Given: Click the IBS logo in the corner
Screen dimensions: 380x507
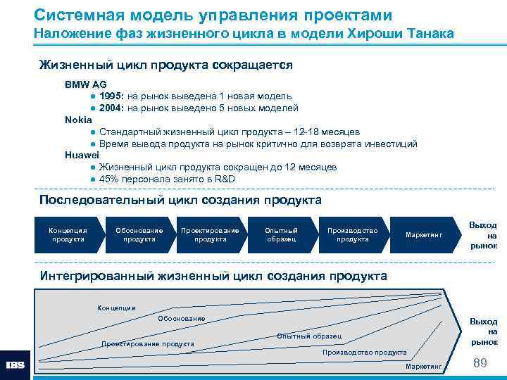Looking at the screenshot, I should tap(15, 365).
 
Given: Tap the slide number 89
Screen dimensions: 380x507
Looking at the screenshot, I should tap(481, 362).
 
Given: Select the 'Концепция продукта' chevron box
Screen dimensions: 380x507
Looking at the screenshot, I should tap(68, 235).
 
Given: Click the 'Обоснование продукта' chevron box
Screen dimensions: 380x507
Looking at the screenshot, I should tap(139, 235).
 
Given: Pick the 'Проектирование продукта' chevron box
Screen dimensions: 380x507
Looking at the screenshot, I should tap(210, 235).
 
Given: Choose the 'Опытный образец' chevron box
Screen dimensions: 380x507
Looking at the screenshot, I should tap(281, 235).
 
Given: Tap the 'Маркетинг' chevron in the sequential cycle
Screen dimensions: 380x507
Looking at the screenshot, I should tap(423, 235).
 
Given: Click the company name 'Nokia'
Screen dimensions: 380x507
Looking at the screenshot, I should tap(78, 120).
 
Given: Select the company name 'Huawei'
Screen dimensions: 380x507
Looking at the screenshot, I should tap(82, 155).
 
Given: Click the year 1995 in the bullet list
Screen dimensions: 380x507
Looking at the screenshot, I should tap(112, 96).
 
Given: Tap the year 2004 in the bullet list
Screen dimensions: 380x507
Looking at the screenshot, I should tap(112, 108).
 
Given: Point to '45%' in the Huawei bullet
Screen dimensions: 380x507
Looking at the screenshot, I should tap(109, 179).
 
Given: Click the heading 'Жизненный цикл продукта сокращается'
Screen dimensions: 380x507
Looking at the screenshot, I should tap(165, 65).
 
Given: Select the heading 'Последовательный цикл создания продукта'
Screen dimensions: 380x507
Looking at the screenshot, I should tap(180, 201).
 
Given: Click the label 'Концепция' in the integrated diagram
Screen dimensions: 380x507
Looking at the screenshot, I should tap(116, 308).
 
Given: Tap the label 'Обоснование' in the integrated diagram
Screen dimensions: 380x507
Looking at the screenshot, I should tap(182, 319).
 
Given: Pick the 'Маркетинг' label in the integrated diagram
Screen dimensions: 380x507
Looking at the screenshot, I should tap(423, 367).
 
